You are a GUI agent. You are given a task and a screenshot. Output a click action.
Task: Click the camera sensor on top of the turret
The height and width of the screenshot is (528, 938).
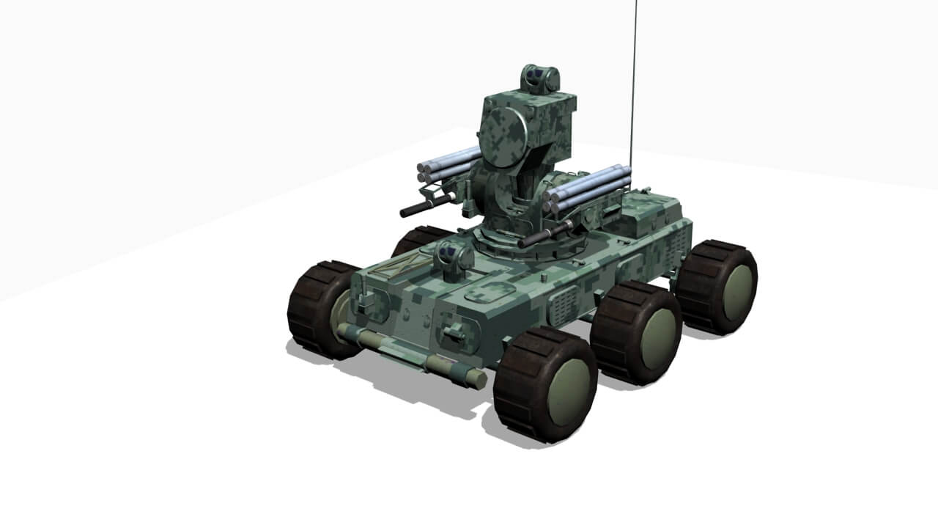540,78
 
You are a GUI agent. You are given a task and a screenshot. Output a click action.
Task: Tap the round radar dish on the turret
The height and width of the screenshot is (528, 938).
503,131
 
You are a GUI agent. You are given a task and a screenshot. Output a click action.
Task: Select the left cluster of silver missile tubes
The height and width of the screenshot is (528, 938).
449,165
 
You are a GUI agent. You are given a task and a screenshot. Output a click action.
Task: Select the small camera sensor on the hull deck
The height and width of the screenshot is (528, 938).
453,258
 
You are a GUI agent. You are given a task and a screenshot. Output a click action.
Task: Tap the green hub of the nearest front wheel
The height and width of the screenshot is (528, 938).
568,392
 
